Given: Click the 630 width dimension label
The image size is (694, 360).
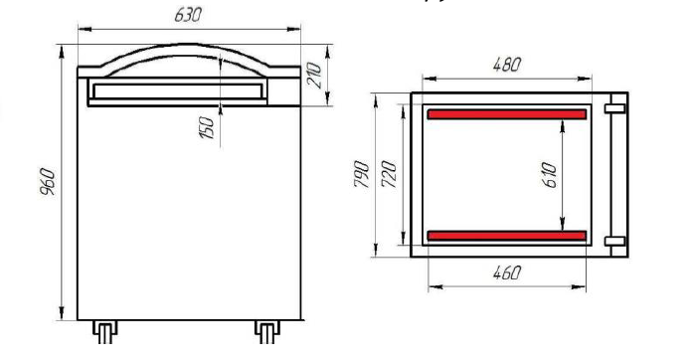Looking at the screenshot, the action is [188, 15].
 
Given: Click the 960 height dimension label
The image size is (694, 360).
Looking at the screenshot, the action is [47, 182].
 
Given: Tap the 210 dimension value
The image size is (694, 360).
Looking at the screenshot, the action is [314, 76].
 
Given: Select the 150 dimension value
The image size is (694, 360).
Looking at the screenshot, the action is [207, 127].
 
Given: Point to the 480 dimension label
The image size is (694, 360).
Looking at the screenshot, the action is [507, 65].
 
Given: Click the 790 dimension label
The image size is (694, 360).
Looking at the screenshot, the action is [362, 174].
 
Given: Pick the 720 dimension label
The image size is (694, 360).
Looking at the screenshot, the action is [389, 174].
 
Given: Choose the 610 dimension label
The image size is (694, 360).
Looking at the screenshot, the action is [549, 175].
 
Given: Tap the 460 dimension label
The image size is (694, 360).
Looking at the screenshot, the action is [507, 272].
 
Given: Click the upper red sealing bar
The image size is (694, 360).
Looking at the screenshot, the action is [507, 114].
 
